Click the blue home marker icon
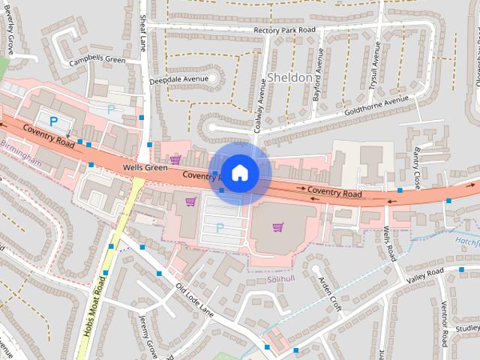coord(239,172)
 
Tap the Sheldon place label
coord(289,77)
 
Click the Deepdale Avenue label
coord(177,78)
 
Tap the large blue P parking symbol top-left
coord(53,119)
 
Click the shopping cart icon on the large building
coord(278,226)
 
